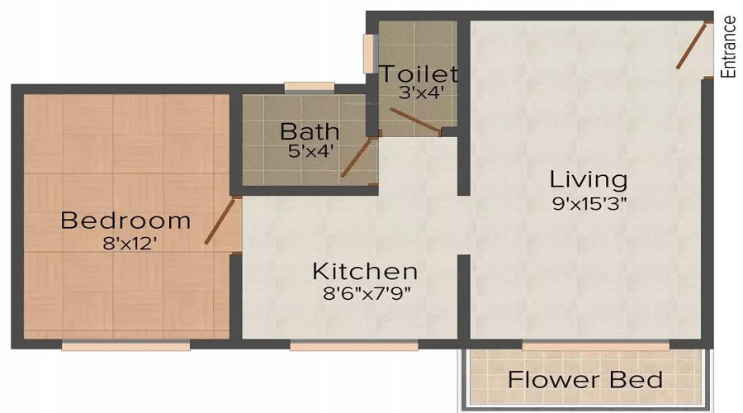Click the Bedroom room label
[125, 221]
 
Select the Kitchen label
[364, 271]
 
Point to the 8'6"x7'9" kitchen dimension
[364, 292]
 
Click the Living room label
[589, 178]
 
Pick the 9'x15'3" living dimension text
[589, 202]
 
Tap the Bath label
[310, 131]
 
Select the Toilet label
[419, 74]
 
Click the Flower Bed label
[585, 380]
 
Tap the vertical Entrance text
[728, 47]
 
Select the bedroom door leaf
[220, 221]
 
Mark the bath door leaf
[356, 158]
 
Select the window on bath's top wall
[309, 87]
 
